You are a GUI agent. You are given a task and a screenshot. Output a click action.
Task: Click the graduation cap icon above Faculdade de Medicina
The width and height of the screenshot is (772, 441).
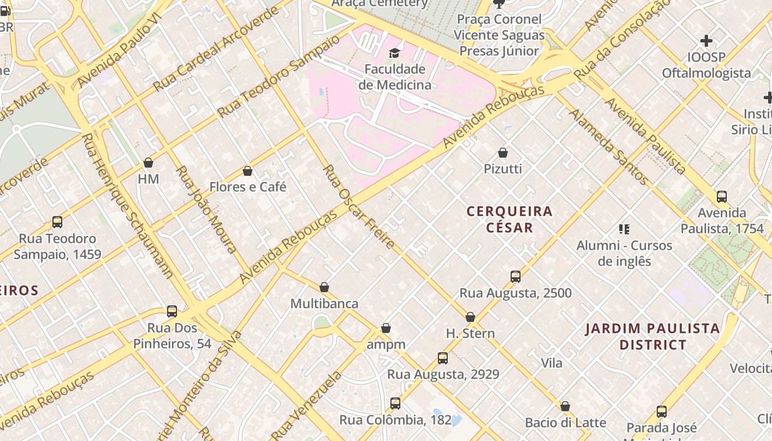pos(394,53)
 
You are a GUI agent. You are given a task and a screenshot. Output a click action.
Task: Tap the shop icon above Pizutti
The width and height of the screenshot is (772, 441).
pos(502,153)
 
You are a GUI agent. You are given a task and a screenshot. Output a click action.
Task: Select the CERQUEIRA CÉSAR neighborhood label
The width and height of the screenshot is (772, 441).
pos(509,219)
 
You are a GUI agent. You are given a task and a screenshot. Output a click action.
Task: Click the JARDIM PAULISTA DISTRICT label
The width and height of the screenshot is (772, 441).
pos(652,337)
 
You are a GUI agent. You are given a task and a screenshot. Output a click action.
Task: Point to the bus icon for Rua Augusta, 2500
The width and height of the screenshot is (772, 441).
pos(515,277)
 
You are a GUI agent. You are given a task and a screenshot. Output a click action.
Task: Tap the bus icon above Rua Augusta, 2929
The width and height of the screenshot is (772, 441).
pos(442,358)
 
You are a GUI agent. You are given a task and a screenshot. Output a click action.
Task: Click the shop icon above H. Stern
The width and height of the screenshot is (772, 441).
pos(470,317)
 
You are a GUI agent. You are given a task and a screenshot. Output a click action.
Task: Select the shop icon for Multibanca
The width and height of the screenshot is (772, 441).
pos(324,287)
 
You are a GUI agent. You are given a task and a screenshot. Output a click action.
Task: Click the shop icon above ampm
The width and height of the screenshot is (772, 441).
pos(386,329)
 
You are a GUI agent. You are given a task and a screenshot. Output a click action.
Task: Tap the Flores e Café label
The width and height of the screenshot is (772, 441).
pos(248,187)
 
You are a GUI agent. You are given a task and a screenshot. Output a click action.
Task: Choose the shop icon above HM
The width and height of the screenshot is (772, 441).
pos(148,163)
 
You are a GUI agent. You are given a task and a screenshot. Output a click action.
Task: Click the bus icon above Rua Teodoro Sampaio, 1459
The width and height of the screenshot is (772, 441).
pos(57,222)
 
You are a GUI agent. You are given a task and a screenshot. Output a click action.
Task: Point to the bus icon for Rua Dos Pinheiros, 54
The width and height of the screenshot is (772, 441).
pos(172,311)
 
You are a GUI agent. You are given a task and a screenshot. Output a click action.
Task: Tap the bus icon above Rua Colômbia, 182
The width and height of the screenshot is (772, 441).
pos(395,404)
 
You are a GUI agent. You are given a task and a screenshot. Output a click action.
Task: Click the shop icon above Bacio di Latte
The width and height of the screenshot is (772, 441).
pos(565,407)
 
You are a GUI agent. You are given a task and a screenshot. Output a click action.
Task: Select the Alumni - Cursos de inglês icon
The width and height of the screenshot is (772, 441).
pos(624,229)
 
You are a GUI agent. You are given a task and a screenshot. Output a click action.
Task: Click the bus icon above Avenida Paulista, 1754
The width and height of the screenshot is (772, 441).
pos(721,197)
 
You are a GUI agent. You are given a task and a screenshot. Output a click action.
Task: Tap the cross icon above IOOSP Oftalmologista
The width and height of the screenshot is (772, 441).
pos(706,41)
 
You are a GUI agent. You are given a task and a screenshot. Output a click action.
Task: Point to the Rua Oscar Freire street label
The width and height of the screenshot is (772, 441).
pos(358,207)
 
